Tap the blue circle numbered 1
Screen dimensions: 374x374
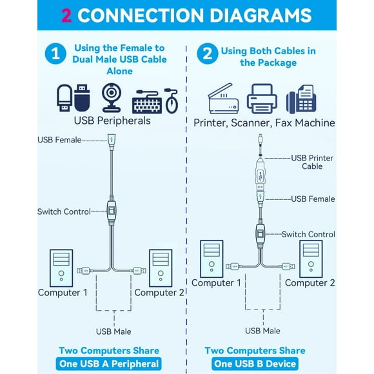pyautogui.click(x=56, y=54)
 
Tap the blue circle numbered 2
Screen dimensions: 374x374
pyautogui.click(x=206, y=54)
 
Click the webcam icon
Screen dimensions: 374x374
pyautogui.click(x=112, y=98)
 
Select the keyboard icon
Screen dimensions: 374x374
pyautogui.click(x=146, y=103)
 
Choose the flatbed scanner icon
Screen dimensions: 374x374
pyautogui.click(x=224, y=100)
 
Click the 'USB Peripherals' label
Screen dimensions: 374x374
pyautogui.click(x=112, y=121)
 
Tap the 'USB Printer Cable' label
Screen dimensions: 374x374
pyautogui.click(x=312, y=161)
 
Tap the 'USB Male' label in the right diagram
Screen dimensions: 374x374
pyautogui.click(x=262, y=330)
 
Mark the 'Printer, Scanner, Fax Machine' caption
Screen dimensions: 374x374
pyautogui.click(x=264, y=123)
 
